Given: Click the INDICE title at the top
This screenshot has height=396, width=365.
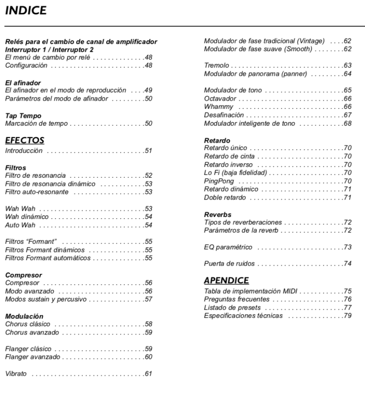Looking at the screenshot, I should [x=26, y=11].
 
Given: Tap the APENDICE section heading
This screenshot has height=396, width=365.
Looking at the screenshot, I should [x=226, y=281].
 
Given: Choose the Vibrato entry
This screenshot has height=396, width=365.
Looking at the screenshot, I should [x=16, y=374].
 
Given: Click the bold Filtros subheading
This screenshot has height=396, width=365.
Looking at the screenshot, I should [x=15, y=168].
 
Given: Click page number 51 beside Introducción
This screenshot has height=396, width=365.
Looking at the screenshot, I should [x=148, y=151].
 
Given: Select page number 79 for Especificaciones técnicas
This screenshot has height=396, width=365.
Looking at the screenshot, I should [x=348, y=316].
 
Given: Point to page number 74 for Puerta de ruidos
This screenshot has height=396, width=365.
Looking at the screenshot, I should [x=348, y=264].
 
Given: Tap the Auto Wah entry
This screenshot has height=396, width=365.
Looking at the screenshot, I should [x=19, y=225].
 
